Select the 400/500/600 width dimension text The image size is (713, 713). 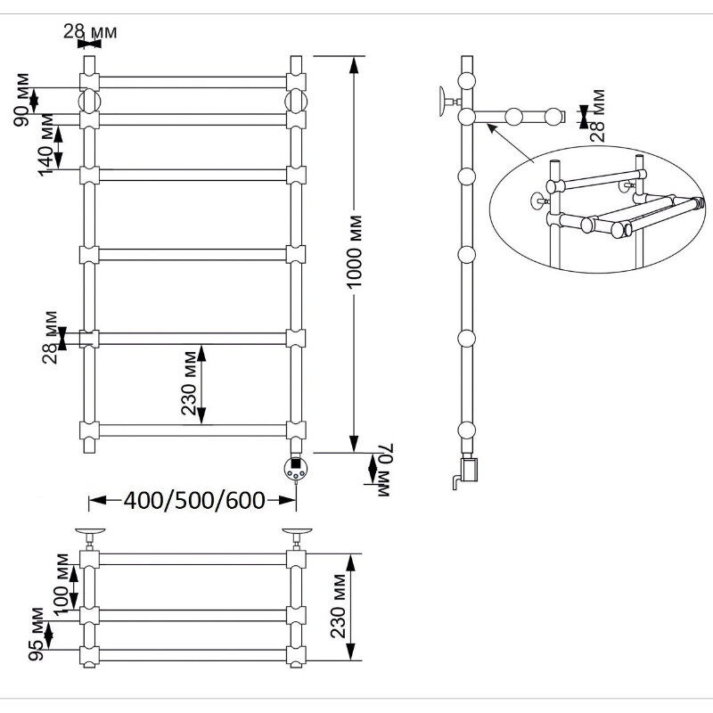194,501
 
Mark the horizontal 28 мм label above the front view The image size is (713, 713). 90,32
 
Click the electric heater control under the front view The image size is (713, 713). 295,467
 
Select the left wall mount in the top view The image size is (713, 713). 90,536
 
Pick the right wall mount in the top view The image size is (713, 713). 297,536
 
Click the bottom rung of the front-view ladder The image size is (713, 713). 192,430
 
